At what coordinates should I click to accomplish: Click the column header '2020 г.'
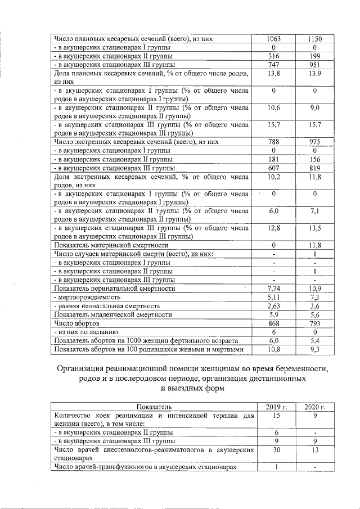(x=315, y=407)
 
